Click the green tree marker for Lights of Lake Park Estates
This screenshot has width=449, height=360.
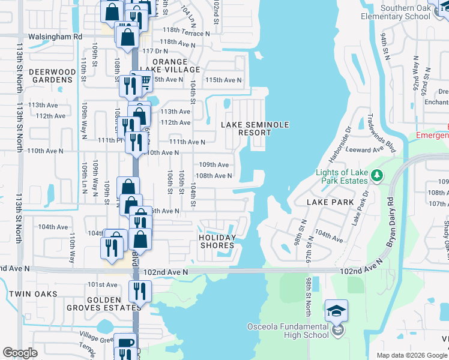pyautogui.click(x=377, y=175)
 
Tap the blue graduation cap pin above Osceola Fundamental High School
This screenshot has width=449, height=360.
pyautogui.click(x=336, y=310)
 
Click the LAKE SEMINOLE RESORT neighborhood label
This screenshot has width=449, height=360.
pyautogui.click(x=255, y=128)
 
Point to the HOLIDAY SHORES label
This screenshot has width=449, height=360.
pyautogui.click(x=217, y=242)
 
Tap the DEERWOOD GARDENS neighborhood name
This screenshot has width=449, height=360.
pyautogui.click(x=54, y=76)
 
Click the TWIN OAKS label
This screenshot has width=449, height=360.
pyautogui.click(x=33, y=294)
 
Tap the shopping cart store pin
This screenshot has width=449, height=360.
pyautogui.click(x=143, y=83)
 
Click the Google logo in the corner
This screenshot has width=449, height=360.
pyautogui.click(x=20, y=353)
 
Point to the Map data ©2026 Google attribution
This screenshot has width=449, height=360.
pyautogui.click(x=411, y=355)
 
